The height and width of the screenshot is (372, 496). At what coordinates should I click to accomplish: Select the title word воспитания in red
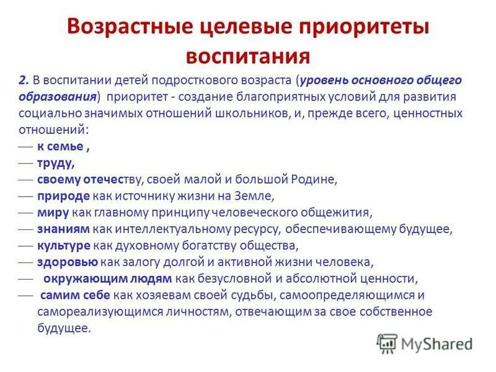248,56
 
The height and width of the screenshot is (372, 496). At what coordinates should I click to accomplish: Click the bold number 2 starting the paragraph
24,81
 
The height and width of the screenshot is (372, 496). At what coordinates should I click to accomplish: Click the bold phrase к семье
60,146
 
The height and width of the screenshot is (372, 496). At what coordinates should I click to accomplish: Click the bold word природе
64,196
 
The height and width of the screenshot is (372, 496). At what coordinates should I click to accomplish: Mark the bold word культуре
64,246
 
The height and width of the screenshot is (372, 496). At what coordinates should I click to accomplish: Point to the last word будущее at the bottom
63,329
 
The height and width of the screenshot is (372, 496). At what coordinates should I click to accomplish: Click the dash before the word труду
26,164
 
